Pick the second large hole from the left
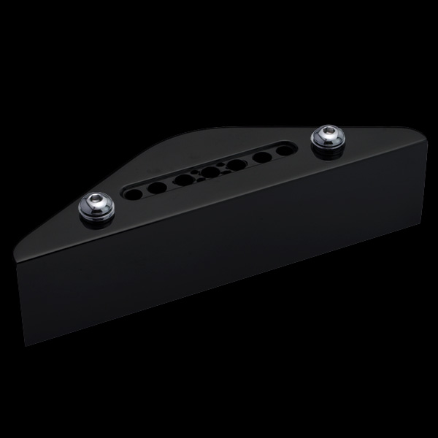click(157, 187)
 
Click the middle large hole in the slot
click(210, 172)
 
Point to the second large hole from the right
click(261, 156)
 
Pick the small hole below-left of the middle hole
click(200, 180)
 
